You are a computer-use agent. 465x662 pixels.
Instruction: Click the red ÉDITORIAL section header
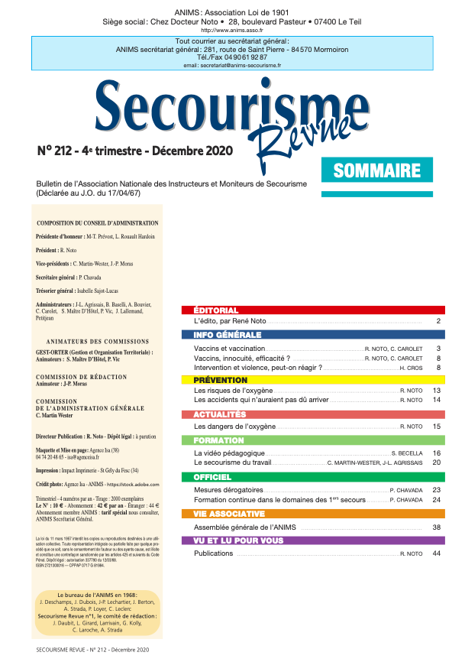tap(216, 310)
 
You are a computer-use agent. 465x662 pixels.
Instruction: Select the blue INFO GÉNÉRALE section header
tap(228, 336)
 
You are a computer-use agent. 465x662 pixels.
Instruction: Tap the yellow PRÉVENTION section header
tap(221, 380)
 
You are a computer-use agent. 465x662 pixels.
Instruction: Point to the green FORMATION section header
tap(219, 441)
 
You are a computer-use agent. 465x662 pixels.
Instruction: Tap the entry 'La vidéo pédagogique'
tap(231, 453)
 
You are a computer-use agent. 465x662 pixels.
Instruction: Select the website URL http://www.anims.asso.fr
tap(232, 30)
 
